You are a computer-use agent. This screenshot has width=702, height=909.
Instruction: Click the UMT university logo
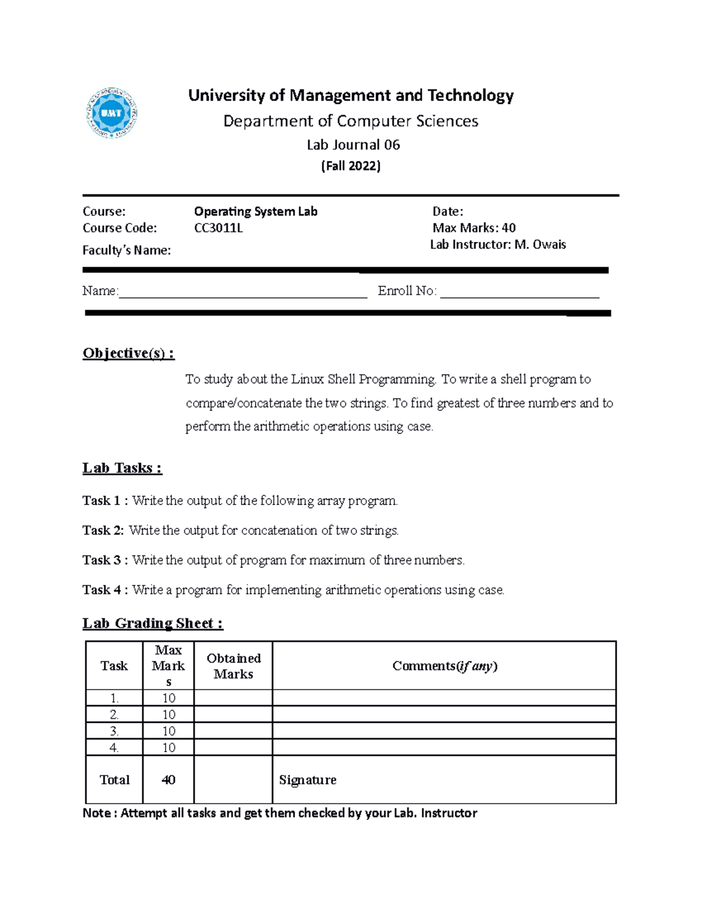click(112, 113)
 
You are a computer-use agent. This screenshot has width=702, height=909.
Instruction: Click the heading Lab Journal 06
click(353, 145)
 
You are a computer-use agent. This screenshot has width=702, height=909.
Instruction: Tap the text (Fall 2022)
click(351, 166)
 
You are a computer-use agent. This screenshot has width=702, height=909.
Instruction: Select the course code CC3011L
click(218, 228)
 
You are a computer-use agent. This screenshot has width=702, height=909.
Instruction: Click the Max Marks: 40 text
click(474, 228)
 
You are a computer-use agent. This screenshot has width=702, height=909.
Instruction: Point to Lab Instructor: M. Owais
click(498, 245)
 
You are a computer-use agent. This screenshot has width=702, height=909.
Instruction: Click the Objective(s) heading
click(129, 354)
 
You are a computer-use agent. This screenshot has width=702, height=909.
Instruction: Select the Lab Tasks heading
click(122, 468)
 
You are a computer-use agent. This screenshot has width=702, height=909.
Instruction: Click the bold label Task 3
click(105, 560)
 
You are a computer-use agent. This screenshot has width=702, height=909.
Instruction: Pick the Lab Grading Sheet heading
click(153, 623)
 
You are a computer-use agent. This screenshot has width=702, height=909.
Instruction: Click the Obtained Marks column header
click(233, 666)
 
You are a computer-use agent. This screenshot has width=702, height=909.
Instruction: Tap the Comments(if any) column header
click(445, 666)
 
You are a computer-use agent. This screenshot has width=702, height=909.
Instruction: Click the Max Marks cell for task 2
click(168, 715)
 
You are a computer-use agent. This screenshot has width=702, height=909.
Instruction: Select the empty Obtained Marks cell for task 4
click(233, 747)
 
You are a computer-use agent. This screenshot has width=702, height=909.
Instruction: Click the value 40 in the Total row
click(168, 780)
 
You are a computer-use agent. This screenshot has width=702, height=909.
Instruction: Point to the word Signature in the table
click(308, 780)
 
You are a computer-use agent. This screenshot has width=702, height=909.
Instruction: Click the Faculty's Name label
click(126, 251)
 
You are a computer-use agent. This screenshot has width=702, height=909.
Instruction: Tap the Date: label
click(448, 212)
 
